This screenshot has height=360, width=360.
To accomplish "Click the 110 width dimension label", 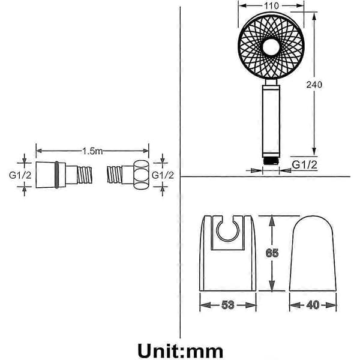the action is [x=271, y=6].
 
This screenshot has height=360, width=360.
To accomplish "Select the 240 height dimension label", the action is [x=314, y=85].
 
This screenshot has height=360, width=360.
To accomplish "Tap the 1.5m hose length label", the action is [x=92, y=151].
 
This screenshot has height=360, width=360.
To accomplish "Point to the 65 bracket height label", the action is [x=272, y=253].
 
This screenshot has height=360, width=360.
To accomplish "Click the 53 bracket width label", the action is [x=228, y=305].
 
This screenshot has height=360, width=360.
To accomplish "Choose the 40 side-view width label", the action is [x=313, y=305].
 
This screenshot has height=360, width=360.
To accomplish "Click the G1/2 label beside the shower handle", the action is [x=304, y=164].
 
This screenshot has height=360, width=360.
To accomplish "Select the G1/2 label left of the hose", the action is [x=20, y=175].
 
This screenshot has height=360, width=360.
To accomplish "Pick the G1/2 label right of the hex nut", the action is [x=163, y=175].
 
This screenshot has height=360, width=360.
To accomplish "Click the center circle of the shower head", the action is [x=271, y=47].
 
